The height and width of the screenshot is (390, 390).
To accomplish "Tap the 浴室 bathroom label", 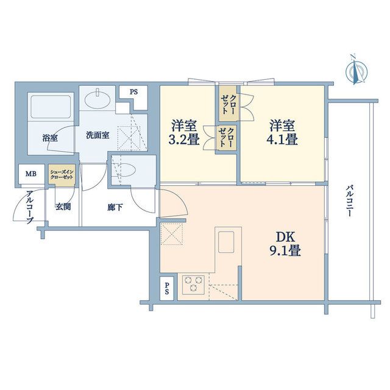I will click(50, 137).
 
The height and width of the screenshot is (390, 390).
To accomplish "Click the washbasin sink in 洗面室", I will click(97, 98).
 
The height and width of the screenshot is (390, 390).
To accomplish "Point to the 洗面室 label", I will click(97, 135).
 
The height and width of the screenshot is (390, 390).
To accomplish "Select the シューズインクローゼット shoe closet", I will click(62, 176).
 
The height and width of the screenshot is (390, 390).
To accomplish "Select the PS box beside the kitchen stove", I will click(167, 289).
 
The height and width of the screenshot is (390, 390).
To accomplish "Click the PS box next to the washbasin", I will click(133, 92).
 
